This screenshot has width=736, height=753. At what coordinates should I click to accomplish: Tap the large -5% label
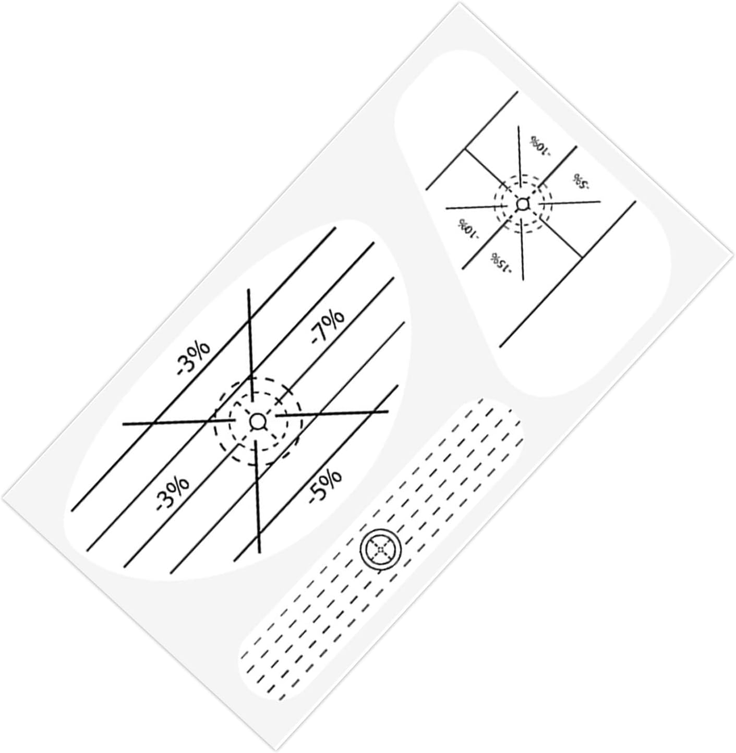[325, 487]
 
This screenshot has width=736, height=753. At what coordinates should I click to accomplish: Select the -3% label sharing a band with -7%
[173, 493]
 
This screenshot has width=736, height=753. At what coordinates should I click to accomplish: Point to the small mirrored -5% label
[581, 181]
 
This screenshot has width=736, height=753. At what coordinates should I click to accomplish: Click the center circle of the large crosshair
[257, 421]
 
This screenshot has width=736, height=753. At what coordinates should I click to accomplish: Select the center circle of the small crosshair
[523, 203]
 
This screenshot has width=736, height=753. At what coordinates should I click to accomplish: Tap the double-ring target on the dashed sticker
[381, 549]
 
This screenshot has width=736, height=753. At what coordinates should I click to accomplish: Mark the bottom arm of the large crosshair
[257, 497]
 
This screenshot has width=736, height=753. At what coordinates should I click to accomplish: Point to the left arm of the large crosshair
[179, 422]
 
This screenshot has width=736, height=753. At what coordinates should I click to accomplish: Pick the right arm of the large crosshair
[332, 414]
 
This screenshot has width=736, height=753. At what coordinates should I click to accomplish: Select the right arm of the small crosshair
[570, 202]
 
